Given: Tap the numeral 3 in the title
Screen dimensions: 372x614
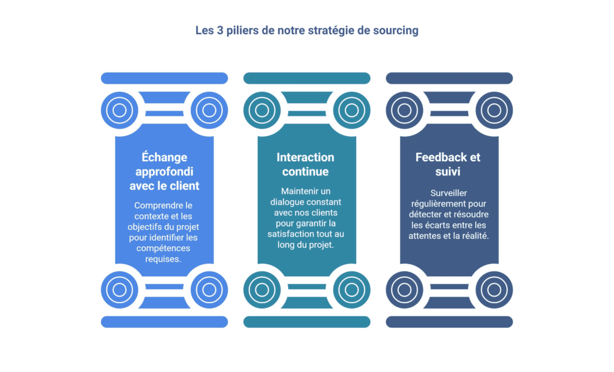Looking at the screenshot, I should click(x=215, y=31).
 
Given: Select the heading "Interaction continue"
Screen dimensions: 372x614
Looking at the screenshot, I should click(x=306, y=165).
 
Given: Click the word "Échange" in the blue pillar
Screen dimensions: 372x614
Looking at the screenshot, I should click(x=164, y=158).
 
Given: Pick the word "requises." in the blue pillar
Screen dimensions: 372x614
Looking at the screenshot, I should click(x=164, y=259).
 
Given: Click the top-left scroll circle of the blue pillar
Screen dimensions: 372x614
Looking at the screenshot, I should click(x=119, y=110).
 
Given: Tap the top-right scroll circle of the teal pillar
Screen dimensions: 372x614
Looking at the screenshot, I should click(x=351, y=110).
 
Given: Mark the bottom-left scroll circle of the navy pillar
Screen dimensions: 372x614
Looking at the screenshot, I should click(x=404, y=290).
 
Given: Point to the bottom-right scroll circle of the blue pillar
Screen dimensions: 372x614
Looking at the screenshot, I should click(x=209, y=290).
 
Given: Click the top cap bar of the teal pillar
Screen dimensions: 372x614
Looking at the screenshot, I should click(x=306, y=78).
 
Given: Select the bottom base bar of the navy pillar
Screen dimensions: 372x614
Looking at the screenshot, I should click(x=449, y=322).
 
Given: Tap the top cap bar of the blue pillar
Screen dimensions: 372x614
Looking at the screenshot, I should click(x=164, y=78).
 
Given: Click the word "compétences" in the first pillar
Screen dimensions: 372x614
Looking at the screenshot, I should click(x=164, y=249).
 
